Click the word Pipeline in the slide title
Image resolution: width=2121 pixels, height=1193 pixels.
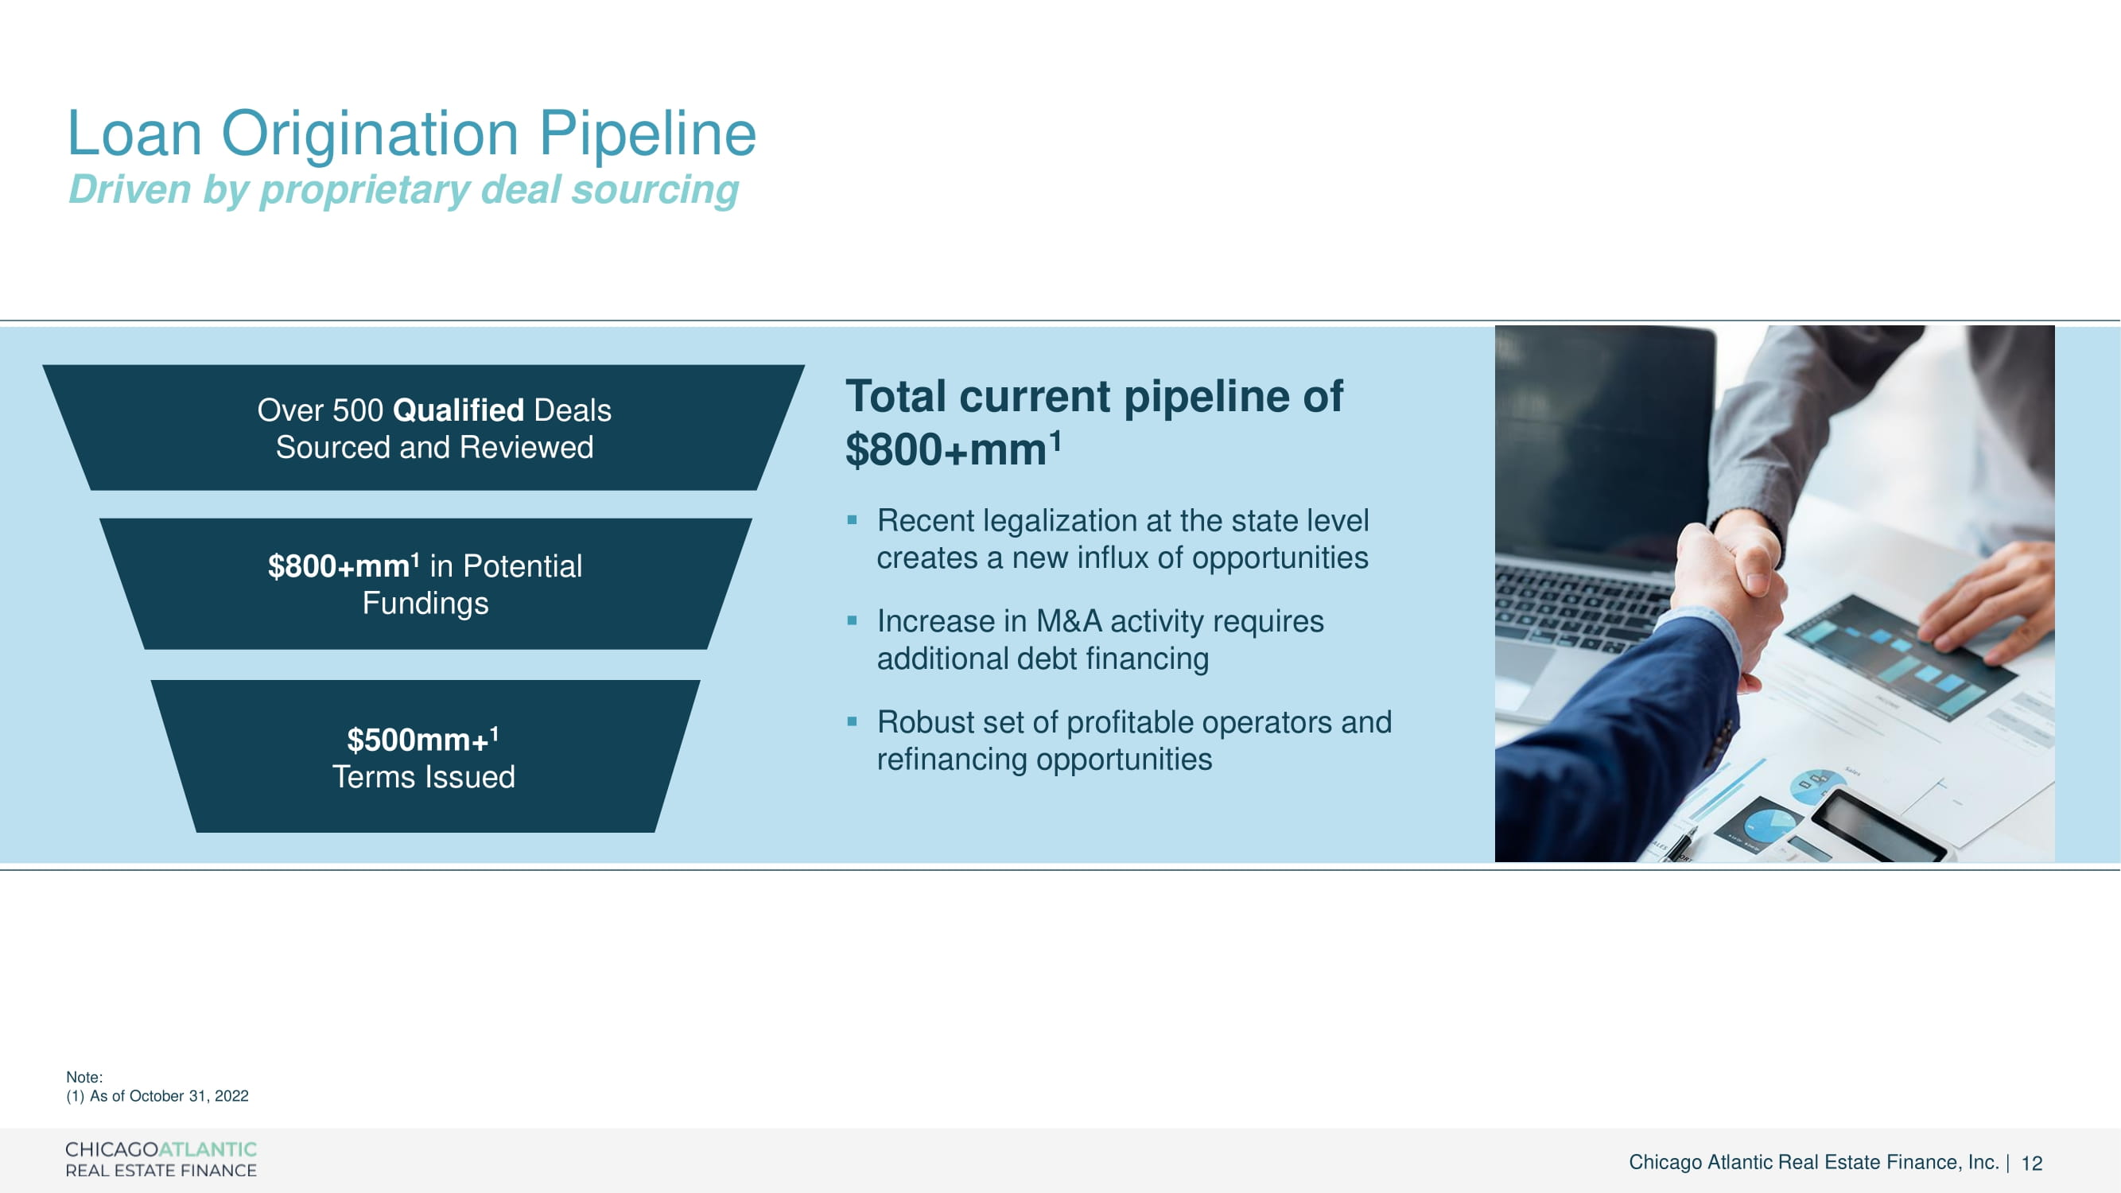pyautogui.click(x=647, y=134)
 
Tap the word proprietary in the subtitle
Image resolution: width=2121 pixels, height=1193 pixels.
pyautogui.click(x=365, y=190)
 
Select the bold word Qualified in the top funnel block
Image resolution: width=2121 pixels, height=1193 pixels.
pyautogui.click(x=459, y=410)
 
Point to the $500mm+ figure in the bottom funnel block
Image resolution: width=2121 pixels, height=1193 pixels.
pyautogui.click(x=422, y=739)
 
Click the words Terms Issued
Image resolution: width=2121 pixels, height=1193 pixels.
pyautogui.click(x=424, y=776)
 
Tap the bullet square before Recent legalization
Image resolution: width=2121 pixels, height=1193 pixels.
pyautogui.click(x=853, y=520)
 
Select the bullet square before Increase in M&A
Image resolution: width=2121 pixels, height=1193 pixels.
pyautogui.click(x=853, y=621)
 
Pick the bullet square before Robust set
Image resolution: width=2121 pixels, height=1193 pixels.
pyautogui.click(x=853, y=722)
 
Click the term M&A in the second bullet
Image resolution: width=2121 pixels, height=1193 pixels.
pyautogui.click(x=1069, y=621)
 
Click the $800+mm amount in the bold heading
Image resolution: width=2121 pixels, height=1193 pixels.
pyautogui.click(x=954, y=449)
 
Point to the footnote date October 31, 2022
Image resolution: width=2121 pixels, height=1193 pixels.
pyautogui.click(x=188, y=1096)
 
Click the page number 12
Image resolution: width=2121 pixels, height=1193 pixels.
pyautogui.click(x=2032, y=1163)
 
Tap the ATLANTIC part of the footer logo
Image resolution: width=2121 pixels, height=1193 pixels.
pyautogui.click(x=208, y=1148)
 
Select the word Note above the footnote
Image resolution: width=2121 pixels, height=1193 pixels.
pyautogui.click(x=84, y=1077)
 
